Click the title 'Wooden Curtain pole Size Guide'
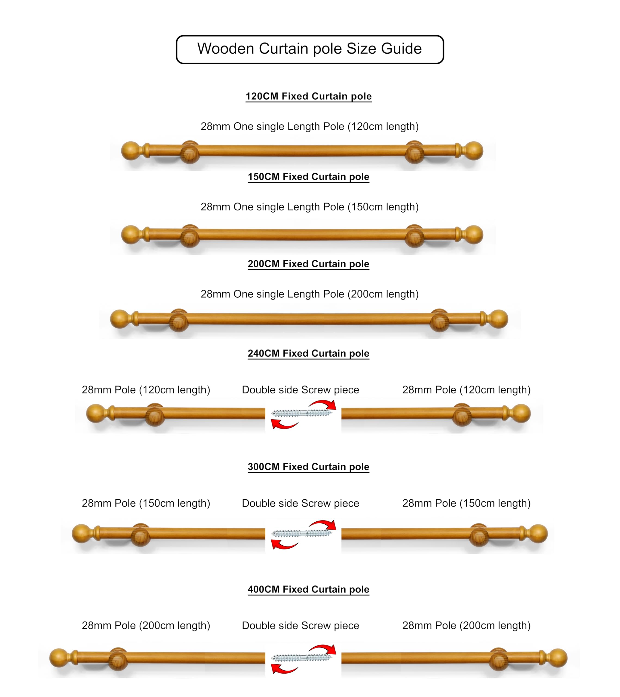[309, 49]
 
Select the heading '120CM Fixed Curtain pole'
[308, 96]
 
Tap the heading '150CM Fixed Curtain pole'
[308, 177]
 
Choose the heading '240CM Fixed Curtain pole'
[308, 353]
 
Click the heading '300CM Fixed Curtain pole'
[308, 467]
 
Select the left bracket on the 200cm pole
[179, 320]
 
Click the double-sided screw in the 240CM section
[302, 413]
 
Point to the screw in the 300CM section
[302, 533]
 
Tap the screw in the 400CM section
[302, 658]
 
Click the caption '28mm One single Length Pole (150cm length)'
[309, 207]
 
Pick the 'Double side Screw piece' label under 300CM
[301, 503]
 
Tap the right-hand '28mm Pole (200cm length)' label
[466, 626]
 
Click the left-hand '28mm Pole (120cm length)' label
[146, 390]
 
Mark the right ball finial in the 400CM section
[558, 658]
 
